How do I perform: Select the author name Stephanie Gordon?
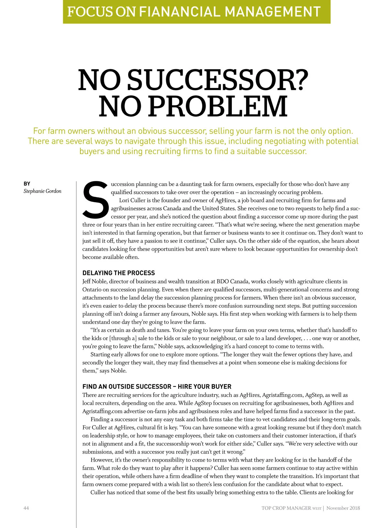pos(42,191)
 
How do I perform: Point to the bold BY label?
pos(27,184)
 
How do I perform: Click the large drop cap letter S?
pos(96,200)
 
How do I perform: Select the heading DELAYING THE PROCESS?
pos(119,273)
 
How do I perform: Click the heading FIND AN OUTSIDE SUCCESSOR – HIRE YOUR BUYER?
pos(157,387)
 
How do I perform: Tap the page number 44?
pos(26,508)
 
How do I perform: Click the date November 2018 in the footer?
pos(343,508)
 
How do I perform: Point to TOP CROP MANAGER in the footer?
pos(286,508)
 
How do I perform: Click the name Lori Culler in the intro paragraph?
pos(132,200)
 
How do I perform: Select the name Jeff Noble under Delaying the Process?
pos(94,281)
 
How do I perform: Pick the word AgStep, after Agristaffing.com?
pos(314,395)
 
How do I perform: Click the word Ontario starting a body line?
pos(92,289)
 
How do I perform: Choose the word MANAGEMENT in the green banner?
pos(272,12)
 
